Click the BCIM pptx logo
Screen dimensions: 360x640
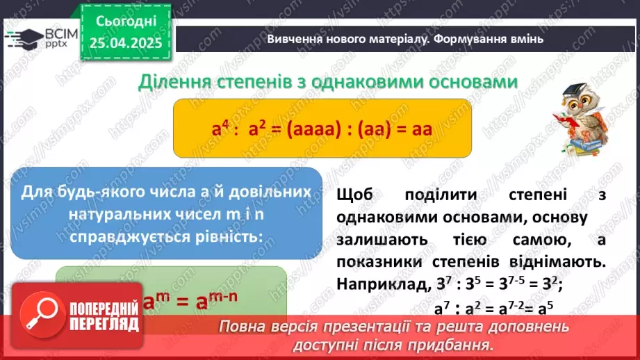(42, 38)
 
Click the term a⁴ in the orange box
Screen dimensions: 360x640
(221, 129)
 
